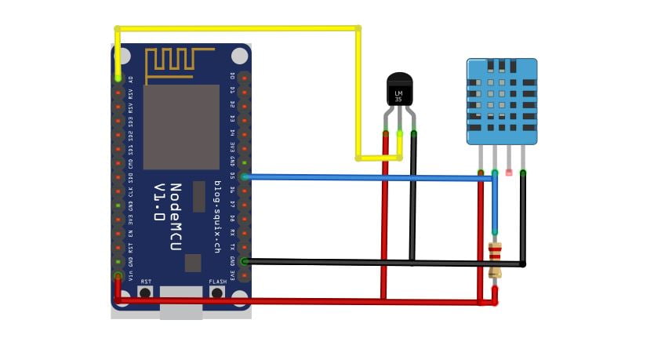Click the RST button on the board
click(145, 292)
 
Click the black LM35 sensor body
click(399, 90)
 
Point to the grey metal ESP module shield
click(180, 126)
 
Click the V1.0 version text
click(159, 202)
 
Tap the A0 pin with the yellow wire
click(118, 78)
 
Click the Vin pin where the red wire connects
click(118, 276)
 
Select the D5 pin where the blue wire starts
click(245, 176)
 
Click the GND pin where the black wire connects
click(245, 261)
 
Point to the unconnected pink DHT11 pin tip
click(509, 171)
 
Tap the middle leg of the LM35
click(400, 134)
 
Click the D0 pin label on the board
click(232, 77)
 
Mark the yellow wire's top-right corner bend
click(358, 28)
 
